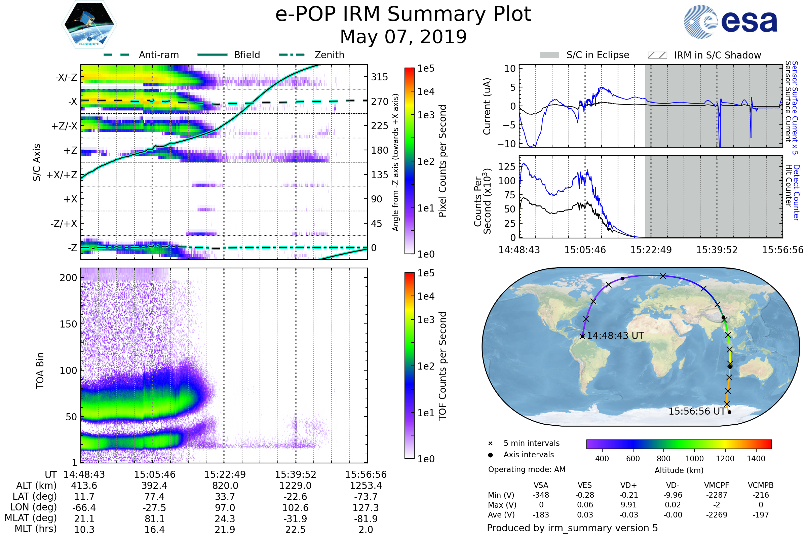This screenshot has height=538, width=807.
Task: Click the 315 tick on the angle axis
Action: (379, 77)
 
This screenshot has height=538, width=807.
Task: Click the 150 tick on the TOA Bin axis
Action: (68, 324)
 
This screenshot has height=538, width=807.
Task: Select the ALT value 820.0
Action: (225, 486)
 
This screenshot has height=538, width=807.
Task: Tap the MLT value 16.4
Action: (154, 529)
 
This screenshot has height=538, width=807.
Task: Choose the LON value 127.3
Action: (366, 507)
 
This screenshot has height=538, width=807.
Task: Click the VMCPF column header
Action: (717, 485)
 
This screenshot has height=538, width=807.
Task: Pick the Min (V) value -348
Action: (541, 495)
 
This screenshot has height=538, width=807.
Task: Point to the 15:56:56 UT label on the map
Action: (697, 411)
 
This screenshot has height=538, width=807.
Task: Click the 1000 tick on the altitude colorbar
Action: (694, 459)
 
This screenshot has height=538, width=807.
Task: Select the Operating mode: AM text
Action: (527, 469)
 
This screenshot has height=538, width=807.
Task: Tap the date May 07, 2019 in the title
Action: (403, 37)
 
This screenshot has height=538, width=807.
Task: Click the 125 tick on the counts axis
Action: (507, 167)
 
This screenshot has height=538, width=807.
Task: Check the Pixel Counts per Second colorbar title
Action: (443, 161)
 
